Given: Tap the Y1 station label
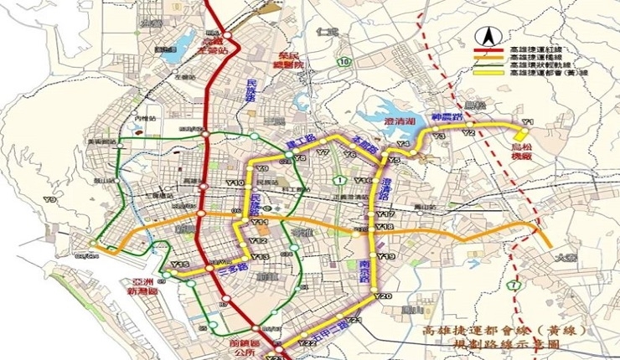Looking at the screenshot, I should [527, 122].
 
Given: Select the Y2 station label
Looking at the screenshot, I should [469, 133].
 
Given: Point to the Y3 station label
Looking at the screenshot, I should [437, 136].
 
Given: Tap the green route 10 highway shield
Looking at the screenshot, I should [343, 62].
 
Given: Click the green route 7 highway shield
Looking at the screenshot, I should [510, 287].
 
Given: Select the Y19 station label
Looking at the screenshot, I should [385, 255].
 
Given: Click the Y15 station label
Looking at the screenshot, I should [178, 266].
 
